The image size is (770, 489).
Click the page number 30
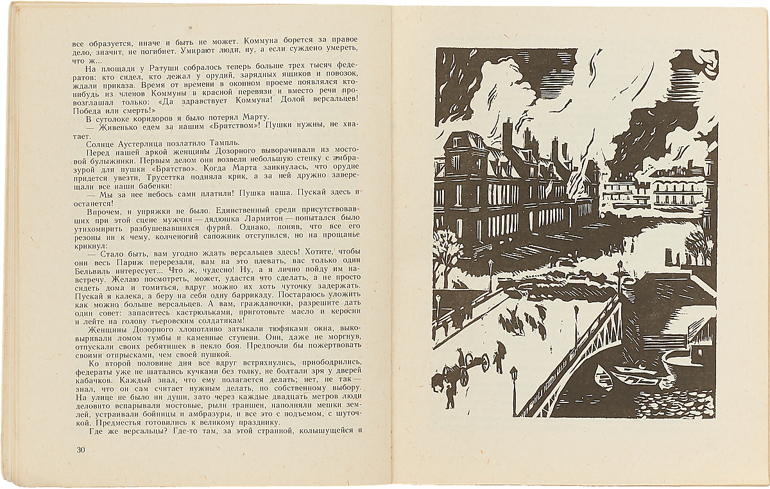pyautogui.click(x=81, y=449)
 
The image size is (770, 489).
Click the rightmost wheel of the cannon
pyautogui.click(x=480, y=363)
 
